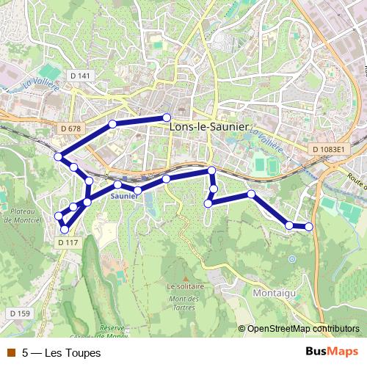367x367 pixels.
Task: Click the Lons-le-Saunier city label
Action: [x=208, y=126]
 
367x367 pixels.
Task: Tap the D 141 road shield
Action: [x=81, y=76]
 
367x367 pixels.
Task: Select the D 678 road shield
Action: [x=71, y=128]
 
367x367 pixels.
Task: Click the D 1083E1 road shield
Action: [x=327, y=149]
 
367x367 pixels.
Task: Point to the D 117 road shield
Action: [x=68, y=243]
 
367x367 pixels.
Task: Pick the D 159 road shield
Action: [x=21, y=313]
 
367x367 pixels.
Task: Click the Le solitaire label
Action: [x=185, y=286]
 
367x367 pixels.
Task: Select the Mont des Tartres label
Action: [x=183, y=302]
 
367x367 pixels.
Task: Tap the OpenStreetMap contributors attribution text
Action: [x=302, y=329]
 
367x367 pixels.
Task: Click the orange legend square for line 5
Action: [x=11, y=352]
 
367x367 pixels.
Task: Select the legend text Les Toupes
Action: [x=62, y=352]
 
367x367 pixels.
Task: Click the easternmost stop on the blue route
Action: [x=309, y=227]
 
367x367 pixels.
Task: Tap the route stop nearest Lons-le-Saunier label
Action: [x=167, y=117]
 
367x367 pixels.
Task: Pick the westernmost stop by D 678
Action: [x=58, y=156]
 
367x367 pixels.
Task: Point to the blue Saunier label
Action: [x=124, y=197]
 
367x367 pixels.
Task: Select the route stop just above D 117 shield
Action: [x=65, y=230]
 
